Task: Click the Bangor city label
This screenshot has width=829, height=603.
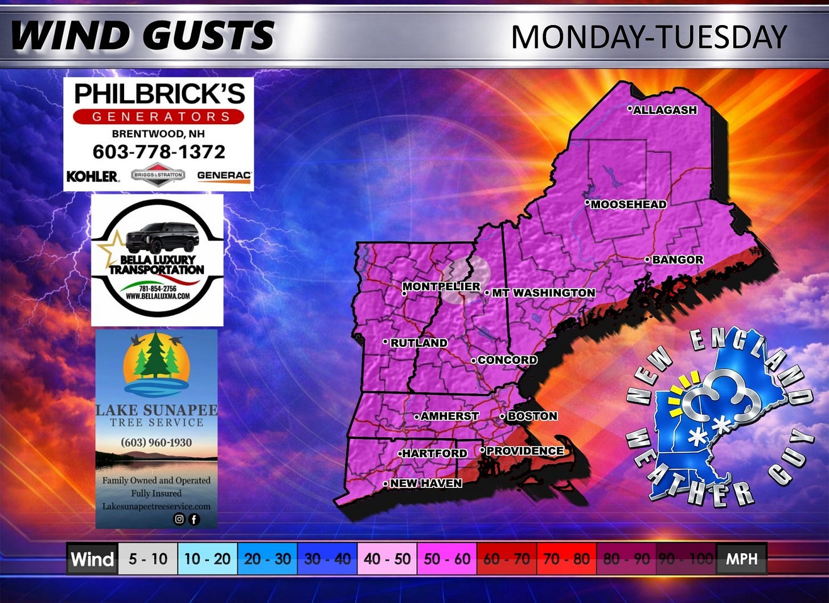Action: coord(677,260)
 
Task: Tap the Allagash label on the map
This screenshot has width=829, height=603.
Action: coord(664,110)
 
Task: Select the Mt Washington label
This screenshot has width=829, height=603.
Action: coord(543,293)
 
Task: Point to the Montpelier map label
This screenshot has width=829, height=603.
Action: coord(441,286)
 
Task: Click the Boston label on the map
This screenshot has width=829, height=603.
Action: coord(532,416)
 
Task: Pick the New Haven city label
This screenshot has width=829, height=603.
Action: coord(425,483)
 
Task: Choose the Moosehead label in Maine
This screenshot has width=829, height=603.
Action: coord(628,204)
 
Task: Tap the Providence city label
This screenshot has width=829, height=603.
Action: coord(524,451)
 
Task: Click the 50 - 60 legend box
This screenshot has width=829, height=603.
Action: coord(447,559)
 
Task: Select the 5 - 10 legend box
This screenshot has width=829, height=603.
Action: coord(148,559)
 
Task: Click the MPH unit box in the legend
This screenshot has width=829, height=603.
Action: coord(741,559)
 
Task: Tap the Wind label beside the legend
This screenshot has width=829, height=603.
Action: coord(92,559)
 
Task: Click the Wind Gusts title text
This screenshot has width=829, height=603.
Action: coord(142,35)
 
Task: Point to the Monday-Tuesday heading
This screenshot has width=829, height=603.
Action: coord(649,37)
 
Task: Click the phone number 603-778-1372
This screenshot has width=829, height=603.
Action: coord(159,151)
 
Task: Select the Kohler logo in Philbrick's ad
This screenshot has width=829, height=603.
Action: coord(93,177)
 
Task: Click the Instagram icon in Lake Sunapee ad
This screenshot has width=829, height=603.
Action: coord(179,519)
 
